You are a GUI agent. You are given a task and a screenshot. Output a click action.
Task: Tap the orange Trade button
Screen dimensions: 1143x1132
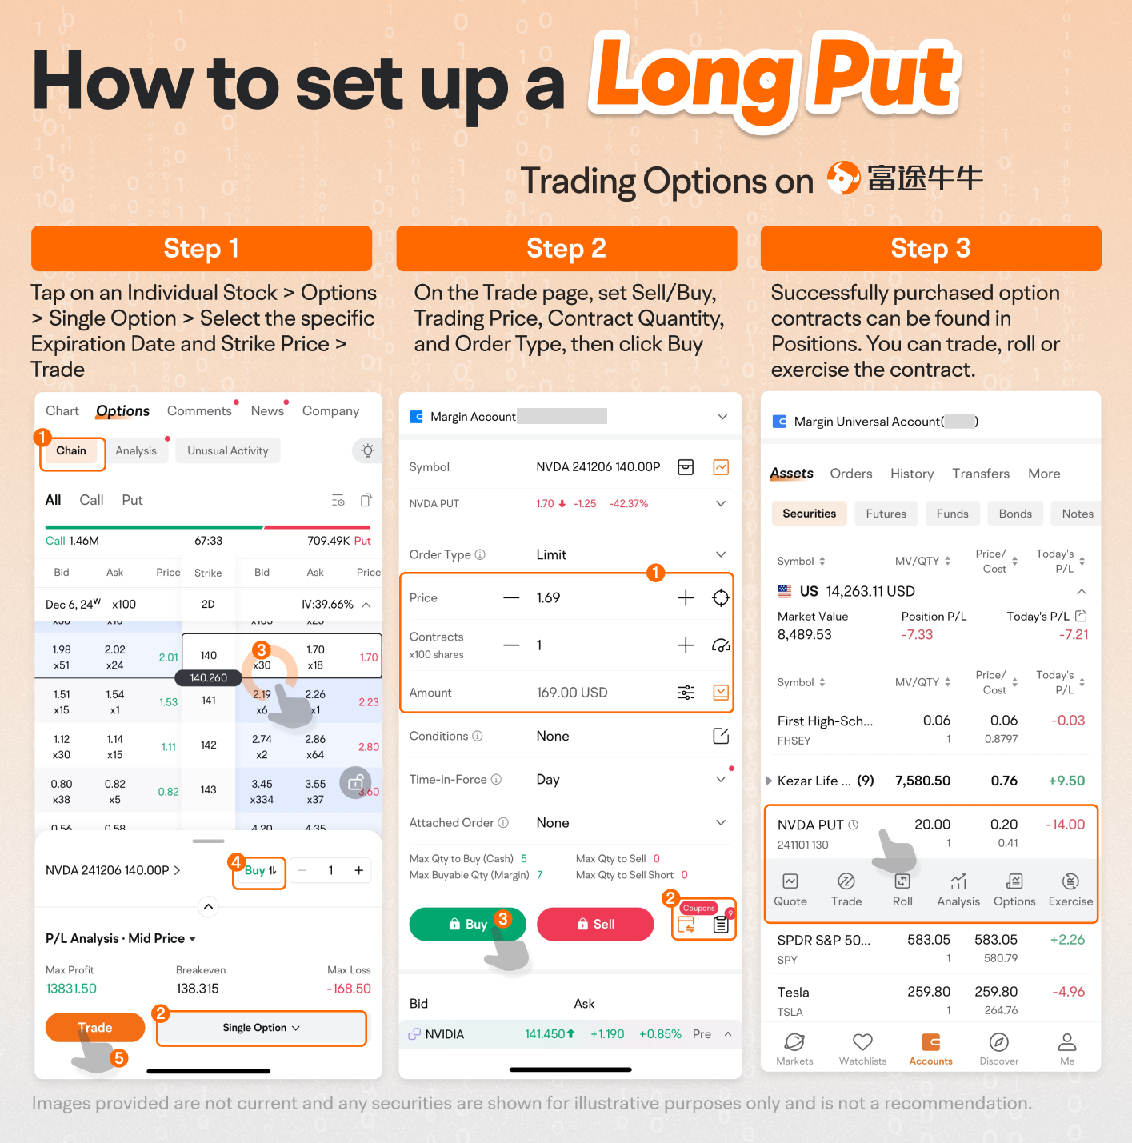pos(94,1028)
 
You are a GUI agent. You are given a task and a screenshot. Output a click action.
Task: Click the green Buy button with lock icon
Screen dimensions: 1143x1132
pos(467,924)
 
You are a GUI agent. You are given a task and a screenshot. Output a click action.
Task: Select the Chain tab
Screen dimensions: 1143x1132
pos(71,451)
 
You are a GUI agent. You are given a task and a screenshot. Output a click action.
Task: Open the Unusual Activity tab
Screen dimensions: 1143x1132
pos(227,451)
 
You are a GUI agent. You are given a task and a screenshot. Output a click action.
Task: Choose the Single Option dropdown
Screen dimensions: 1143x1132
pos(261,1028)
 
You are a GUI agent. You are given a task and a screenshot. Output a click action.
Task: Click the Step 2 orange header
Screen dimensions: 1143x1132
pos(566,248)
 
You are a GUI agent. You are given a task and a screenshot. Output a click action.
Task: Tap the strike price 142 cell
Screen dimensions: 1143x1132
pos(208,745)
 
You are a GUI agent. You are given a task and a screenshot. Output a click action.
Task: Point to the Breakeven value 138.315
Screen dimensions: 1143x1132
pos(197,989)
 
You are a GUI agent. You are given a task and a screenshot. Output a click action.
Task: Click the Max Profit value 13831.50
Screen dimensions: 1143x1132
pos(71,989)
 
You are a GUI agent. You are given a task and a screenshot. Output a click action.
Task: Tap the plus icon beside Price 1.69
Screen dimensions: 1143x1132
pos(686,597)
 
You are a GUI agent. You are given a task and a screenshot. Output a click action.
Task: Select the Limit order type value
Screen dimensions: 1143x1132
pos(551,554)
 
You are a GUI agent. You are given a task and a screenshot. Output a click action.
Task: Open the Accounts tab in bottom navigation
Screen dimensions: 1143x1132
pos(930,1049)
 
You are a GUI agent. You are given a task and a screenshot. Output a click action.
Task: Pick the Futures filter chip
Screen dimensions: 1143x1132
pos(886,514)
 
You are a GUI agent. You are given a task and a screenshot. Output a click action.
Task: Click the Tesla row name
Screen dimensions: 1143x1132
pos(793,993)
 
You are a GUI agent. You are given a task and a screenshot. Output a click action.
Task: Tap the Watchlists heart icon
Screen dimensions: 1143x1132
pos(862,1041)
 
